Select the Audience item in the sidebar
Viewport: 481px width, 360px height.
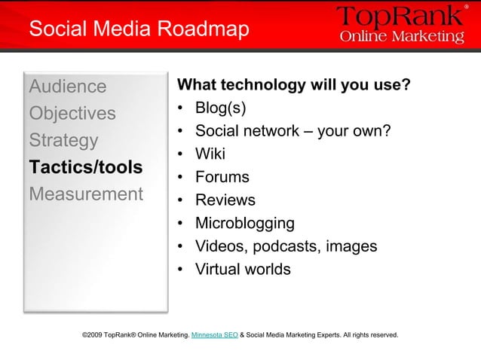coord(67,86)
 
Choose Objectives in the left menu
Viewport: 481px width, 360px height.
coord(72,113)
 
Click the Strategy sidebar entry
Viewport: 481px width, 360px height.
coord(63,140)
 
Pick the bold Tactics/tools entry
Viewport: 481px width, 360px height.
coord(85,166)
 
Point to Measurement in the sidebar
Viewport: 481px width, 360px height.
coord(85,194)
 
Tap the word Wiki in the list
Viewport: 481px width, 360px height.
coord(210,154)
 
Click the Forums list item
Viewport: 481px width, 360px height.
coord(222,177)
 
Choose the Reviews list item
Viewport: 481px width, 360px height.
coord(225,200)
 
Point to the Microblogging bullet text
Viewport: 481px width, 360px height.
coord(245,224)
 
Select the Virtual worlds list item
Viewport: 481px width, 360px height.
coord(242,269)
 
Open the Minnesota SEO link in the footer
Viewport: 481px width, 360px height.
coord(215,334)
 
